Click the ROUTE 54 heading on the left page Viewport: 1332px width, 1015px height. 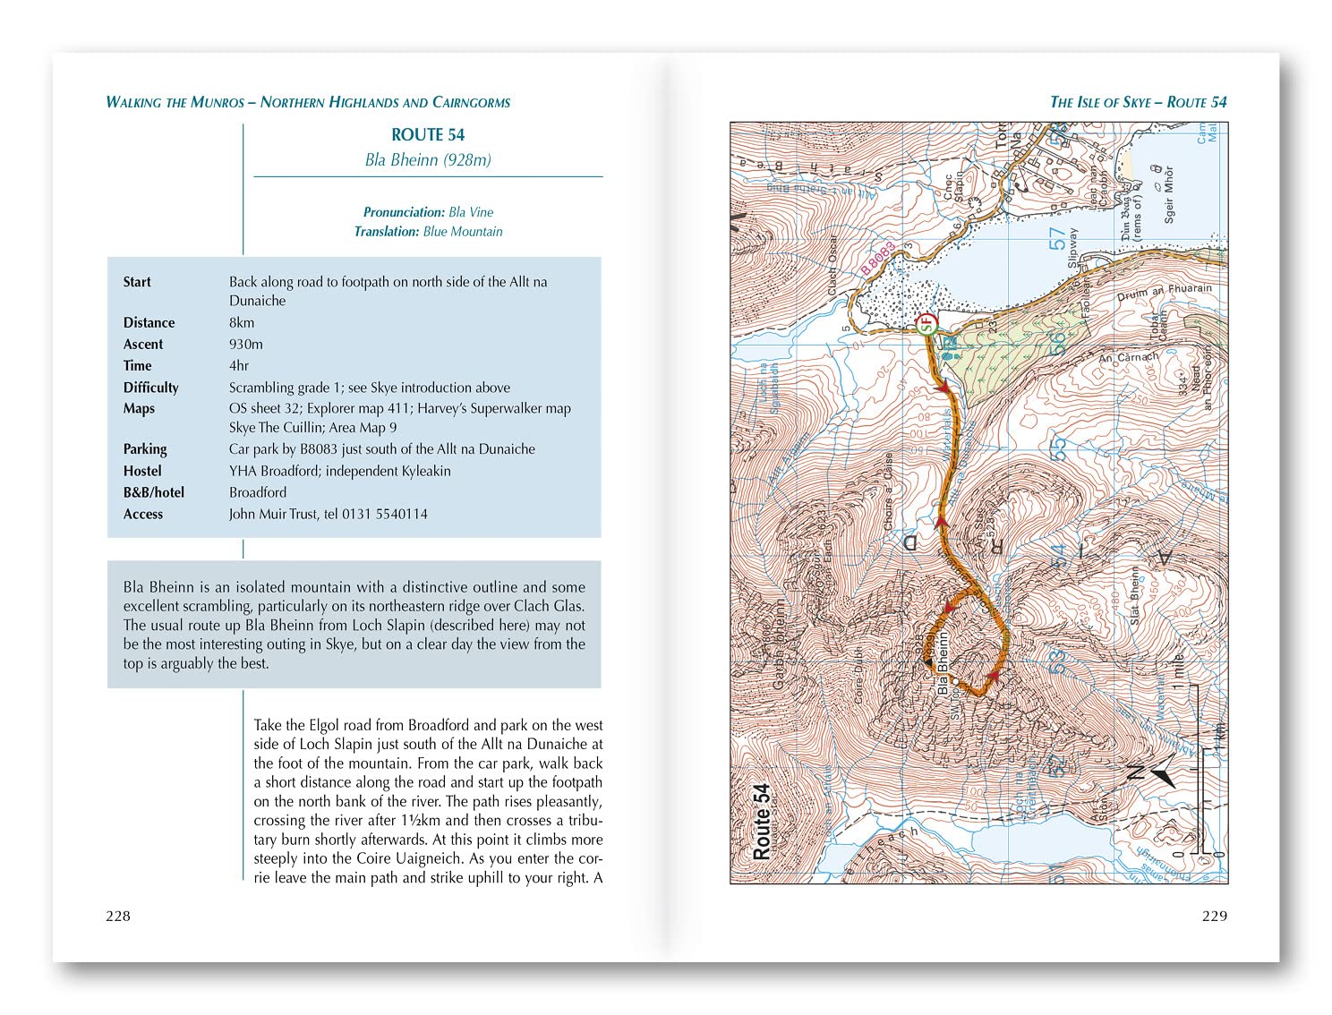(428, 135)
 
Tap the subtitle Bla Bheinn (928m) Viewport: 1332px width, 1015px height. (428, 160)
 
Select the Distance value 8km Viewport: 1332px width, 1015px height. (242, 322)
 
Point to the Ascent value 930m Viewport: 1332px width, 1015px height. (246, 344)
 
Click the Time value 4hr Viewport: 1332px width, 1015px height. (239, 365)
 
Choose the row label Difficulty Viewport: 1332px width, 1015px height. (151, 388)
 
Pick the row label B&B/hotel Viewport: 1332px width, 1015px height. (154, 492)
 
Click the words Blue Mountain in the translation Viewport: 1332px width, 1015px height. (463, 231)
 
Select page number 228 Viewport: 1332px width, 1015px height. (118, 916)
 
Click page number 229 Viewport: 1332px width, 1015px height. (1214, 916)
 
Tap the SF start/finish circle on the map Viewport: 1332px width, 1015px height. (927, 323)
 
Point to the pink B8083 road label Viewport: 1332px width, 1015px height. (878, 258)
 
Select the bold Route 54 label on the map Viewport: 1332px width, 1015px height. (762, 822)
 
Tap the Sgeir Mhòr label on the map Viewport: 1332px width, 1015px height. (1167, 193)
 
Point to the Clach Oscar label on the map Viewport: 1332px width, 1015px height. (832, 267)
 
